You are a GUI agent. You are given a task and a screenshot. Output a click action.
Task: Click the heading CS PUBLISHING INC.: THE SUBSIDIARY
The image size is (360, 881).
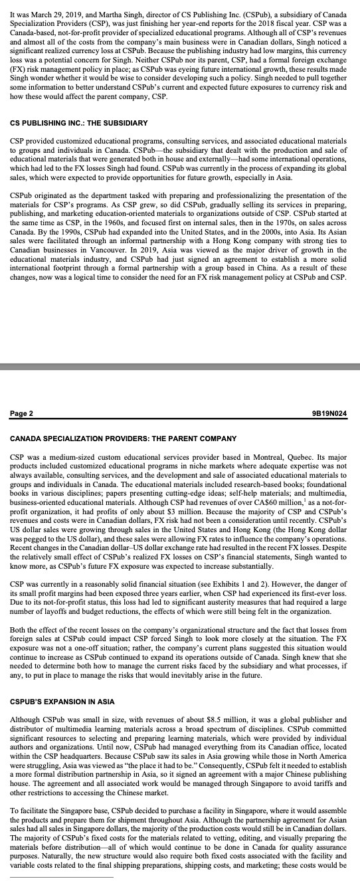tap(79, 123)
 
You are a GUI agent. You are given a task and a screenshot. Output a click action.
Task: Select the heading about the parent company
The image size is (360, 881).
tap(123, 439)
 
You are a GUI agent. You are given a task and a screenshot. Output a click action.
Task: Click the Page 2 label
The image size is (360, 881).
tap(21, 414)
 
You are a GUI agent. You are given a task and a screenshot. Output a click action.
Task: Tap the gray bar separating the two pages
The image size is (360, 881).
tap(180, 366)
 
